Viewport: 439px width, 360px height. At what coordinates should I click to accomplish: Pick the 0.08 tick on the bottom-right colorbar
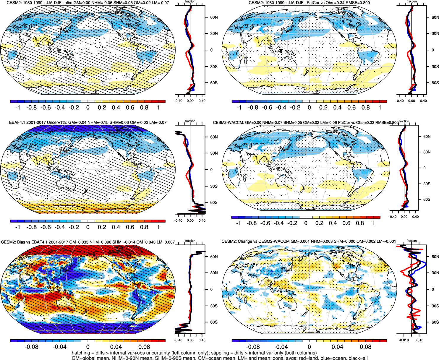[x=366, y=347]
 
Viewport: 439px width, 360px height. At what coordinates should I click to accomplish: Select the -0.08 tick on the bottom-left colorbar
[x=31, y=347]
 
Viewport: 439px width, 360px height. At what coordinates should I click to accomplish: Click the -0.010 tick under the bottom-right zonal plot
[x=404, y=340]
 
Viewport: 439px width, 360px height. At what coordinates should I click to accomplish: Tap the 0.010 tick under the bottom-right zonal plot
[x=419, y=340]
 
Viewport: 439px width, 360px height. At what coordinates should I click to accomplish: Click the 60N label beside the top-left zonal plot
[x=214, y=17]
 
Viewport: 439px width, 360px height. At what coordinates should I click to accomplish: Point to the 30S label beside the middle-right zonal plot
[x=427, y=184]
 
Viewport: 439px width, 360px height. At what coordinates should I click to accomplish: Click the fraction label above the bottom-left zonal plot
[x=190, y=241]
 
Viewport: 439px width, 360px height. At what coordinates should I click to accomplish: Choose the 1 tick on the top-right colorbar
[x=380, y=108]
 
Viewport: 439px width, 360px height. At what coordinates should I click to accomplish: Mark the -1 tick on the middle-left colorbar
[x=18, y=227]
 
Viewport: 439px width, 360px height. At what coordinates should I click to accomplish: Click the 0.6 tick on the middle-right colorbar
[x=346, y=223]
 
